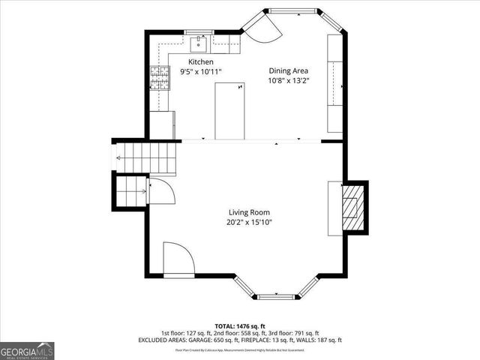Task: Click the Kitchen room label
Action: [x=200, y=61]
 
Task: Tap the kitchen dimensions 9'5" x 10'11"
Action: [x=200, y=71]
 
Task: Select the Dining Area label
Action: [x=289, y=71]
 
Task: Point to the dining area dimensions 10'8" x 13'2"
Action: [x=289, y=81]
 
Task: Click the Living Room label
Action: [x=249, y=212]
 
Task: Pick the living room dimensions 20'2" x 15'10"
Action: [x=249, y=222]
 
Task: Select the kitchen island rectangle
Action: [x=229, y=110]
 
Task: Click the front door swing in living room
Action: [x=178, y=259]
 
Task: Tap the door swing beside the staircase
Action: [x=161, y=191]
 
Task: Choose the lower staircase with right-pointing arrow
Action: [x=131, y=192]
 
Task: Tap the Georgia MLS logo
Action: [x=27, y=350]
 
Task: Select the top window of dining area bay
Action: [x=292, y=11]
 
